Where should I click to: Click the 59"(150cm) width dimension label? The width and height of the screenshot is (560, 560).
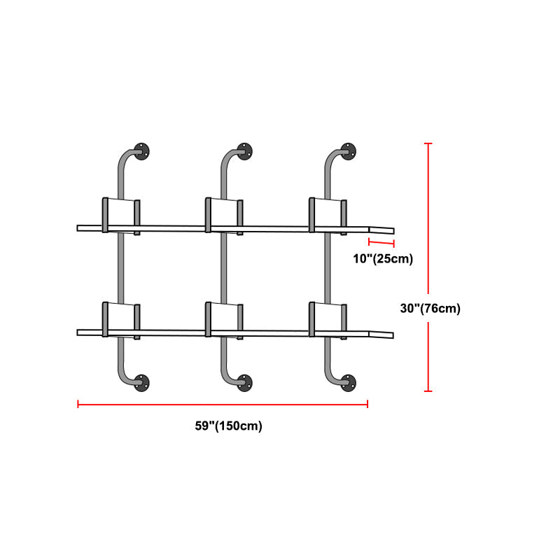click(x=228, y=426)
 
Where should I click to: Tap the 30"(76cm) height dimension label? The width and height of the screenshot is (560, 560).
click(x=430, y=308)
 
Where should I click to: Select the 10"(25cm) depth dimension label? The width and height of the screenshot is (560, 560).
click(x=382, y=259)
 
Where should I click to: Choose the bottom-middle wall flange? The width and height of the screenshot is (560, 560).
click(x=246, y=382)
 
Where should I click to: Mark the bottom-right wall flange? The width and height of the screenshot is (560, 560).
click(x=348, y=382)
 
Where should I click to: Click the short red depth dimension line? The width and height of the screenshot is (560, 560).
click(x=381, y=244)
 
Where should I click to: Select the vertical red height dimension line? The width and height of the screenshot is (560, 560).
click(x=428, y=267)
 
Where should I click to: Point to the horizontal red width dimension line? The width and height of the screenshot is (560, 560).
click(x=223, y=404)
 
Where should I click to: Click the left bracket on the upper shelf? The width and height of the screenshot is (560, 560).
click(x=122, y=214)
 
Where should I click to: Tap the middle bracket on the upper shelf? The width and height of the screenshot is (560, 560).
click(x=224, y=214)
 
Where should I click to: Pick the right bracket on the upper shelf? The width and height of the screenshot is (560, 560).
click(x=328, y=214)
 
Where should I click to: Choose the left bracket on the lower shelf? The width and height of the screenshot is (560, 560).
click(x=122, y=318)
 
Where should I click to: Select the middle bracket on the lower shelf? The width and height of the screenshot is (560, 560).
click(x=224, y=318)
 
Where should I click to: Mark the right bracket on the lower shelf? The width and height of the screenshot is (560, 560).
click(x=328, y=318)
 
